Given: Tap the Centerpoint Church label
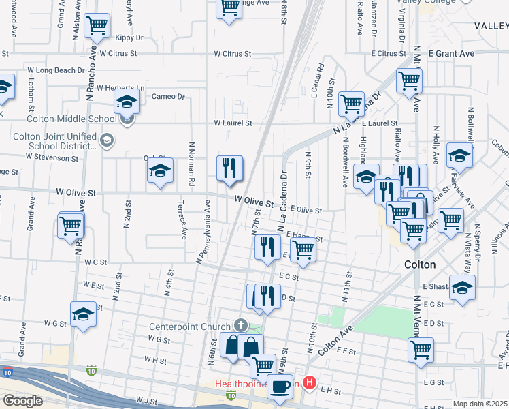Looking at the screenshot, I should (190, 324).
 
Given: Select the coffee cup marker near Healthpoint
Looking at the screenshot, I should (280, 387).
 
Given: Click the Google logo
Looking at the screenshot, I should (23, 401).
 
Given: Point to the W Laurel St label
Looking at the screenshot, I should (233, 123).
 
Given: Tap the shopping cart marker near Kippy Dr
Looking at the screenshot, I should (97, 26).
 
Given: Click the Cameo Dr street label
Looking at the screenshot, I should (168, 97).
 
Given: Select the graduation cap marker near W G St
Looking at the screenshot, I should (84, 314).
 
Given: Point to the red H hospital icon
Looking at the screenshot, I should (310, 383).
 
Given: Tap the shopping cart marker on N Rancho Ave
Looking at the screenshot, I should (71, 226).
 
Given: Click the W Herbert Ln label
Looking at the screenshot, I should (120, 88).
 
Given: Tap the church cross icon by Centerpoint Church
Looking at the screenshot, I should (239, 324).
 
